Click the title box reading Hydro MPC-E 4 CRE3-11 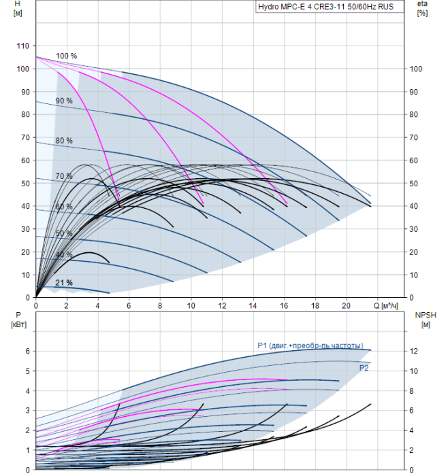point(330,7)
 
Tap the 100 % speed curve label point(66,56)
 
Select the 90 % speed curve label point(64,101)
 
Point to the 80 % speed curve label point(64,141)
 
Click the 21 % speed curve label point(64,283)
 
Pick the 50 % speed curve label point(64,233)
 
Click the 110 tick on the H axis point(22,46)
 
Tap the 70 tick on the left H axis point(25,137)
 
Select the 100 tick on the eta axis point(416,69)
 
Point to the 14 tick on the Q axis point(253,306)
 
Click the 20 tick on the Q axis point(346,306)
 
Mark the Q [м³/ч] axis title point(385,306)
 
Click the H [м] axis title point(18,8)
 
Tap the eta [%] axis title point(422,8)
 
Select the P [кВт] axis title point(18,320)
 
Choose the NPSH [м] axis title point(426,320)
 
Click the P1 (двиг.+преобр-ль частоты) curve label point(310,345)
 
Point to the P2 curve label point(364,368)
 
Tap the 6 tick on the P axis point(28,352)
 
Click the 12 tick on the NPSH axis point(414,352)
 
